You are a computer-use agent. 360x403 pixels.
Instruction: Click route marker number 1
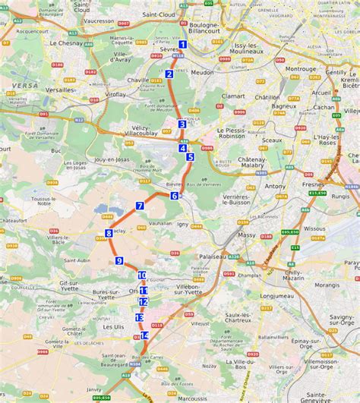pos(183,45)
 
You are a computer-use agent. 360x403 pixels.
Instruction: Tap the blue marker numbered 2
pos(169,74)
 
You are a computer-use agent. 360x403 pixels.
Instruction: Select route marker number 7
pos(140,206)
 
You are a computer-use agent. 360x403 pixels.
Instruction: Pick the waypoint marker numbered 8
pos(109,233)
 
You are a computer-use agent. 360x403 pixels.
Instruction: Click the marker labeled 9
pos(119,261)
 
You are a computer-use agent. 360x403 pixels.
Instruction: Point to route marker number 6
pos(175,196)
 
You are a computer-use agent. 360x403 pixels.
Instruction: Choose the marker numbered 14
pos(144,335)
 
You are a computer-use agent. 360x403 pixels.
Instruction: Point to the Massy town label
pos(247,235)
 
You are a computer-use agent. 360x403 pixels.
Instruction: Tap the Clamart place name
pos(235,96)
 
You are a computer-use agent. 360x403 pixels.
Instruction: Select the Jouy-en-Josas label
pos(112,161)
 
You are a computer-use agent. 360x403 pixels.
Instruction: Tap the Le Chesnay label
pos(66,43)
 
